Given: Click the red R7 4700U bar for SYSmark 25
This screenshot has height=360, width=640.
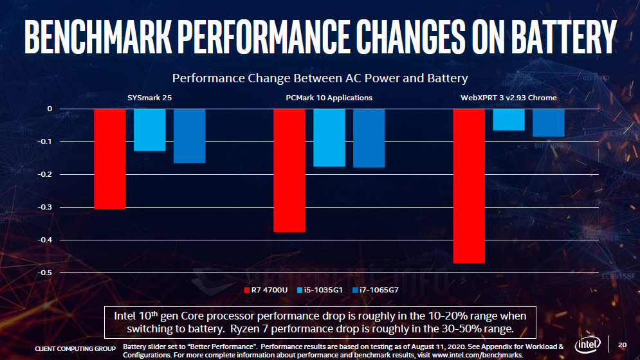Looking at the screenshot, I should click(x=110, y=159).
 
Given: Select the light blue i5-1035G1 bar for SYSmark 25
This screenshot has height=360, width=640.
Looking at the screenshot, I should click(x=150, y=130).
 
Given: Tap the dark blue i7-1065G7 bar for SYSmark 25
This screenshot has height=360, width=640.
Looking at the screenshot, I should click(x=190, y=136).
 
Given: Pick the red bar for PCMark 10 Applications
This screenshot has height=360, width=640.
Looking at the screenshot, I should click(x=289, y=170).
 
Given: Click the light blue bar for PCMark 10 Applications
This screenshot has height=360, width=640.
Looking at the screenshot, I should click(x=329, y=138).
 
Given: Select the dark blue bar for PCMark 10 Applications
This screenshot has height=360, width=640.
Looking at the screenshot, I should click(x=369, y=138).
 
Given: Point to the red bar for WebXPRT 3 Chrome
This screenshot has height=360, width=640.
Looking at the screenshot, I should click(x=469, y=186).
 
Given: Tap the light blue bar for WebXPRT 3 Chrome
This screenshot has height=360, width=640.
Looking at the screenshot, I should click(x=509, y=120).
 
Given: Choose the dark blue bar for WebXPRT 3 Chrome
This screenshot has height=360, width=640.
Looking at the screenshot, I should click(x=549, y=123).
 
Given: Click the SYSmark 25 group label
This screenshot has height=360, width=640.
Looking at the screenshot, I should click(x=149, y=98).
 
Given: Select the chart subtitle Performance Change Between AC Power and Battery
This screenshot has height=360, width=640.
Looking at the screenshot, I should click(x=320, y=78).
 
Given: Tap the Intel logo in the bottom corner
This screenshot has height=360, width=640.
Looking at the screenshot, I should click(x=588, y=344).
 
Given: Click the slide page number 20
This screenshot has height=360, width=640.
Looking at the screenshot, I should click(x=621, y=344).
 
